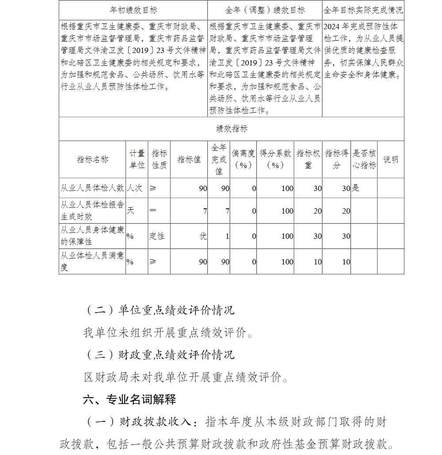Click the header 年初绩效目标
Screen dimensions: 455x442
tap(133, 10)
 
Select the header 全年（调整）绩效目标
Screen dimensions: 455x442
tap(265, 10)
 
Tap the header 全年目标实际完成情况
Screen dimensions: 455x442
tap(363, 10)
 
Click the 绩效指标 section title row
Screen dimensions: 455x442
tap(232, 129)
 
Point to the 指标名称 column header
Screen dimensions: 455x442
tap(92, 159)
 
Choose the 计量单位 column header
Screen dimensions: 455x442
tap(137, 159)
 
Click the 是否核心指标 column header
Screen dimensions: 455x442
tap(364, 159)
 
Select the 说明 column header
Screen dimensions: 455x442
tap(390, 159)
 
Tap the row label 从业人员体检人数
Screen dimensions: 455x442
tap(92, 188)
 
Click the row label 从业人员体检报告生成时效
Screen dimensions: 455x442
tap(92, 210)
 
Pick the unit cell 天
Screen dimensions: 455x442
tap(130, 210)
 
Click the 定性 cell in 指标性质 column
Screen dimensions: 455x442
tap(157, 236)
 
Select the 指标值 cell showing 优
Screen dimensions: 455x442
tap(203, 236)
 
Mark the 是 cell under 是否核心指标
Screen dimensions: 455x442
tap(356, 188)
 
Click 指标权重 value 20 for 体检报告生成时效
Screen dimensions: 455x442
tap(317, 211)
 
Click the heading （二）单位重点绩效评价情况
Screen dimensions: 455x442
tap(159, 310)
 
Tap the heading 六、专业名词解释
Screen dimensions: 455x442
tap(130, 400)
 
